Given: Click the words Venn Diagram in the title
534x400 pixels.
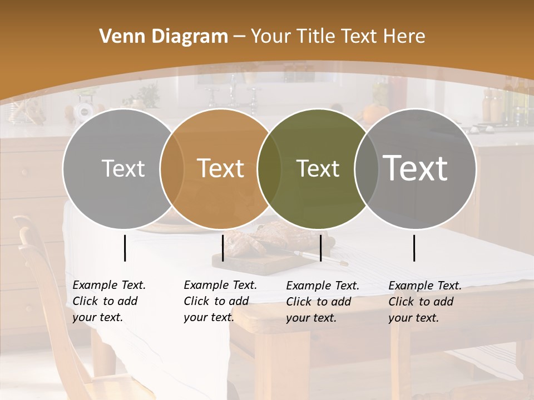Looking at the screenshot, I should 163,36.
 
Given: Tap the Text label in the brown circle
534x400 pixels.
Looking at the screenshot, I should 220,168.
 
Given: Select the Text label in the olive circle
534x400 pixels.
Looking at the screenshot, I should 318,168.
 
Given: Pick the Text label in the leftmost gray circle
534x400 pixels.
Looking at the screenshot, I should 123,168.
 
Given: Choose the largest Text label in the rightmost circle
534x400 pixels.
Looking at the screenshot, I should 416,168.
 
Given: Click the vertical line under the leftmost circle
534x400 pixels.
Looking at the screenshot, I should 125,248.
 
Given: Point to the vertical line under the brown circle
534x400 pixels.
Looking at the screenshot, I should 222,248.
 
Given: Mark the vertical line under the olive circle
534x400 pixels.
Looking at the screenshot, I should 320,248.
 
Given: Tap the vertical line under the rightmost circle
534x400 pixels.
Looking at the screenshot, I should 414,248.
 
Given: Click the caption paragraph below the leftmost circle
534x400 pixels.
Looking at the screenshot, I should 109,301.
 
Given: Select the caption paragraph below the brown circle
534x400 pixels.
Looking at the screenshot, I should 220,301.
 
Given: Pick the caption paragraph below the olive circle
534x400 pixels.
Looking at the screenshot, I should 323,302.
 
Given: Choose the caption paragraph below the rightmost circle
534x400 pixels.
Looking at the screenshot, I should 425,302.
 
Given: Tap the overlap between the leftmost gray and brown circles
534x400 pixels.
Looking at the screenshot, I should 172,168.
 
